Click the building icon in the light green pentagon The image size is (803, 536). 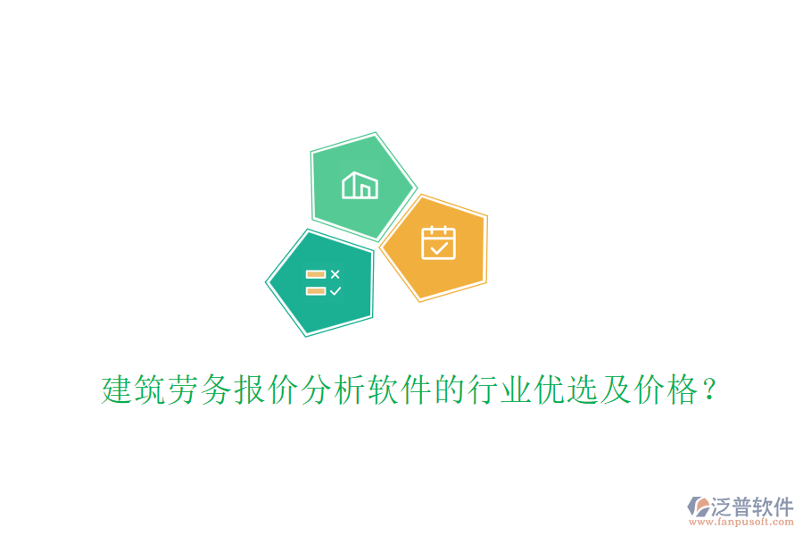point(360,185)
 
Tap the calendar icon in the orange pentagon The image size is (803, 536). point(438,243)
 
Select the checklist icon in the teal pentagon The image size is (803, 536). point(322,282)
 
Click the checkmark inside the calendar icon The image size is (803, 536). point(438,248)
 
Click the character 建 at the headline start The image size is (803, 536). point(116,390)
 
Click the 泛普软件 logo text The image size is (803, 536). point(752,507)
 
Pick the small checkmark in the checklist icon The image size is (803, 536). point(335,290)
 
